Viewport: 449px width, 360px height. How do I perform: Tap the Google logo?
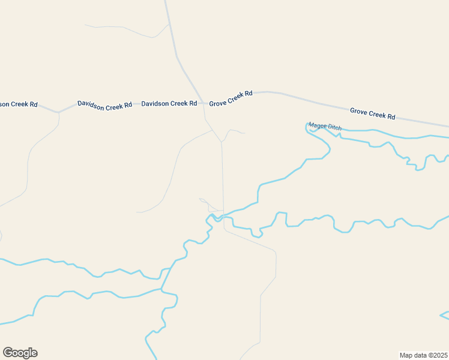point(20,353)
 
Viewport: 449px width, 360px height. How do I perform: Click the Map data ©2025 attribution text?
point(424,355)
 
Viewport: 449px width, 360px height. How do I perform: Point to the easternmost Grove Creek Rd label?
point(373,113)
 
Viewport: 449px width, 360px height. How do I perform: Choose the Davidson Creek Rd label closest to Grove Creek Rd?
point(169,103)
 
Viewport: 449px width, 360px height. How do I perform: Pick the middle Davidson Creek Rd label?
point(104,105)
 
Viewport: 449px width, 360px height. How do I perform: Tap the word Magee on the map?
point(316,125)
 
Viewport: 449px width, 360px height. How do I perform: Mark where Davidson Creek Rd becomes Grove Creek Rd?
point(204,103)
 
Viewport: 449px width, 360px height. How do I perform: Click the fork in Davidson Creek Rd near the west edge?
point(59,112)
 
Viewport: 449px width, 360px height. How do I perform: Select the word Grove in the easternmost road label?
point(359,110)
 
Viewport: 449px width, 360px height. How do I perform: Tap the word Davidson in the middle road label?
point(91,104)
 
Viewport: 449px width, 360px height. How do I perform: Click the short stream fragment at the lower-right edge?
point(445,314)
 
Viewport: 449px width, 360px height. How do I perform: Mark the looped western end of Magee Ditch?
point(308,128)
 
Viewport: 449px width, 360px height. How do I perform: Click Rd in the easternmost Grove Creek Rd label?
point(391,116)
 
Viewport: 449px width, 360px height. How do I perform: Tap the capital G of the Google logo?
point(8,352)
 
